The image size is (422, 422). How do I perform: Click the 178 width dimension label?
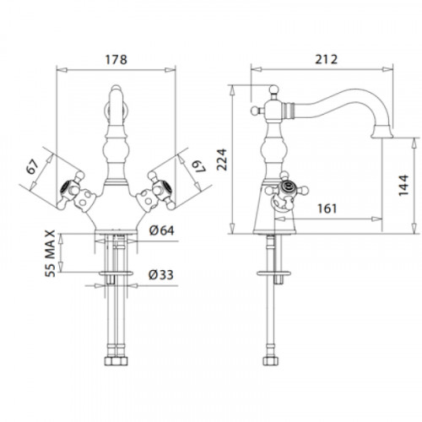116,60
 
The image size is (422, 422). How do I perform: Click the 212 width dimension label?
326,59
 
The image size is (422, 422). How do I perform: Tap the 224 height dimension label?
222,160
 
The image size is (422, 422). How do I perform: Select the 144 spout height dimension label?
403,185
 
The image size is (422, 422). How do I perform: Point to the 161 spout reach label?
327,208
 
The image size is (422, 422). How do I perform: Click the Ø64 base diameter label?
161,230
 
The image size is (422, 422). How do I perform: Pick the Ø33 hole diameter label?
161,275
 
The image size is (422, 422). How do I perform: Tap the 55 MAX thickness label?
50,253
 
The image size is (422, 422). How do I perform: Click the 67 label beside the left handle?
32,167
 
